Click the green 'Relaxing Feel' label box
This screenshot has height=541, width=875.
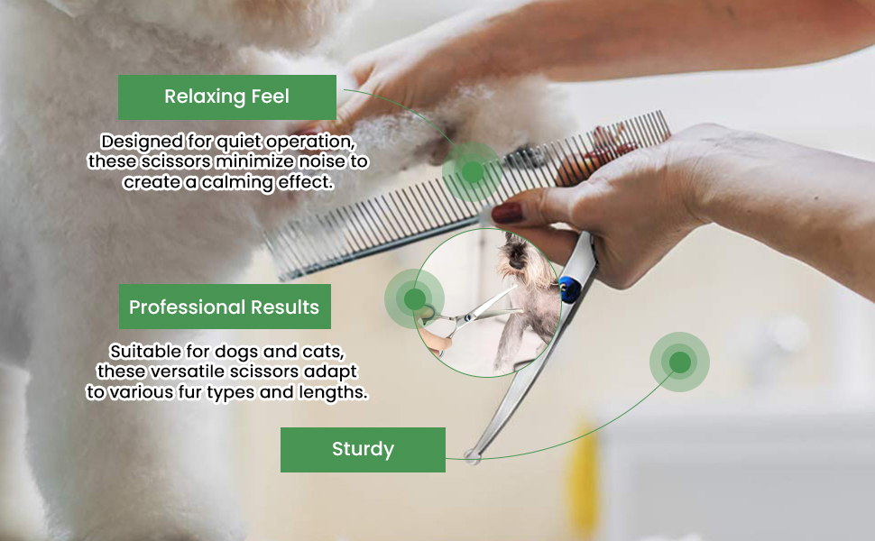point(227,97)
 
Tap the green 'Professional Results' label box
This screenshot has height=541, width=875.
point(225,307)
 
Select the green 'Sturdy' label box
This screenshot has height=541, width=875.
point(363,450)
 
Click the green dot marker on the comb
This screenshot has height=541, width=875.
point(472,172)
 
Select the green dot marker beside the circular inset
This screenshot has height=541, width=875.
point(415,299)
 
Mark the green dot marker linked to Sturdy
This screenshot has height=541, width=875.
point(679,362)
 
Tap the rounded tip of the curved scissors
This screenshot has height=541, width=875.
point(472,457)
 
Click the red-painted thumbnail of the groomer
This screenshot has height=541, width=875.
point(507,213)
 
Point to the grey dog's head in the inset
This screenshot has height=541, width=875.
point(515,252)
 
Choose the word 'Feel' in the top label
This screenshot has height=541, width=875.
point(270,96)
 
